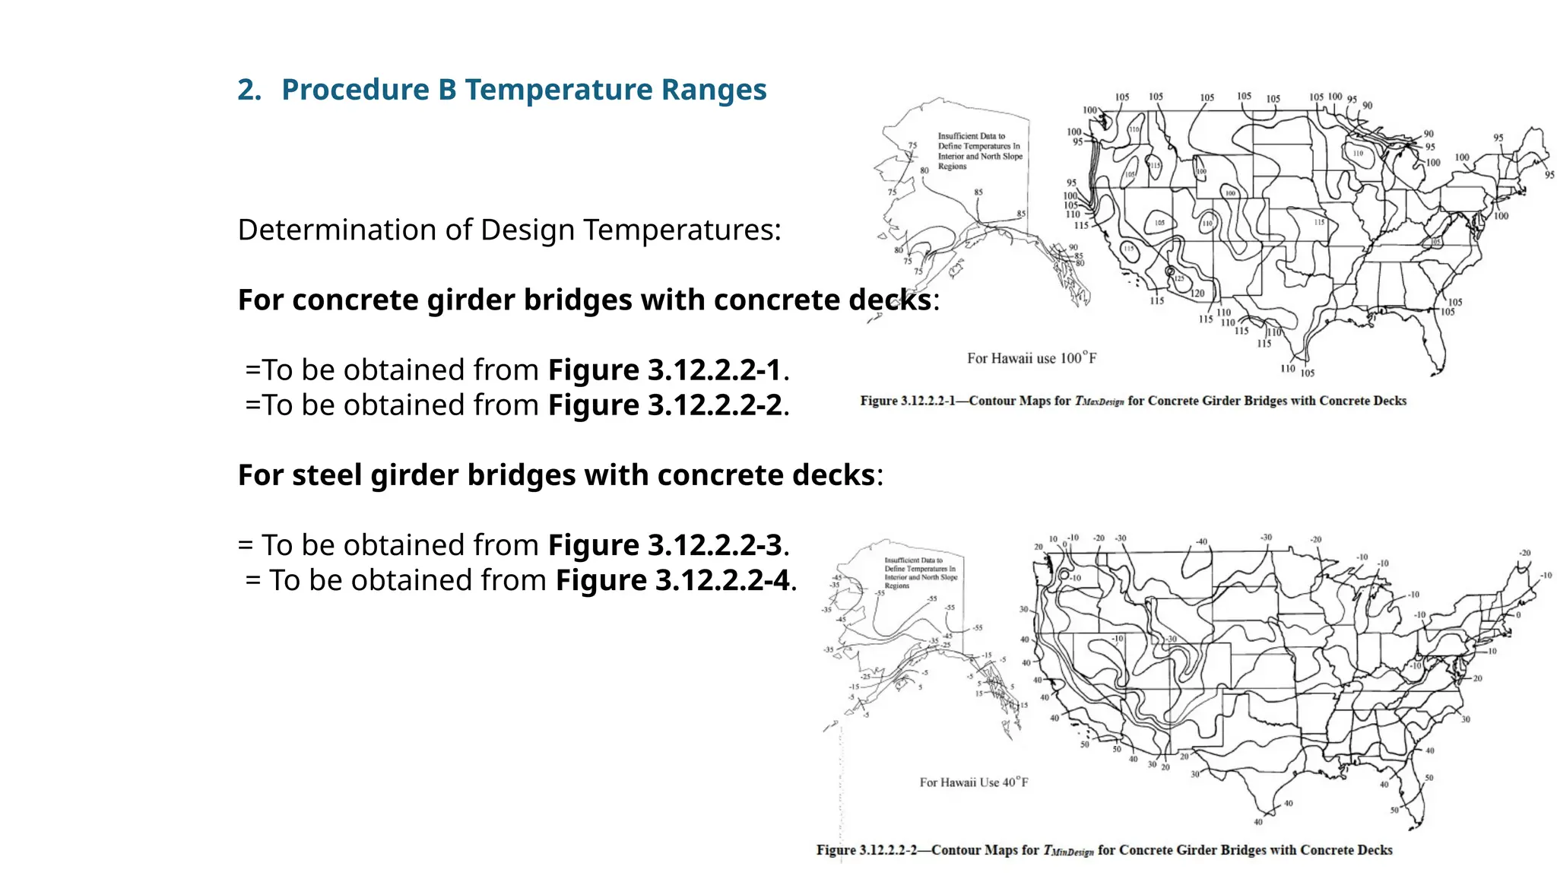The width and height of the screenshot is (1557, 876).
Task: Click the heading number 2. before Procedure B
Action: [249, 90]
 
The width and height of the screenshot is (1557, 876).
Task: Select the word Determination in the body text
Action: [336, 230]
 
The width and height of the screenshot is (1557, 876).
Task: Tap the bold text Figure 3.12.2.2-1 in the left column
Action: [664, 370]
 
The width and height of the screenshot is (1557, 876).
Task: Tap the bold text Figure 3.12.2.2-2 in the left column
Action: [664, 405]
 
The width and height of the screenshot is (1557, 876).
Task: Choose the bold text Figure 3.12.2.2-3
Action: [664, 545]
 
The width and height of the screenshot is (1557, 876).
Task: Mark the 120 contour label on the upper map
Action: [1197, 294]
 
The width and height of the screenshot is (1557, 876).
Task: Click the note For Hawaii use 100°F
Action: [1032, 358]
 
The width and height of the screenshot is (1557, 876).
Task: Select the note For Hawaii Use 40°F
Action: [974, 782]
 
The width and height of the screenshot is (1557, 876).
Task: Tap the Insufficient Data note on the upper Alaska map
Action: [979, 151]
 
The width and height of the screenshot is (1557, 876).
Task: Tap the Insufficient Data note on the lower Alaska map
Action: [919, 573]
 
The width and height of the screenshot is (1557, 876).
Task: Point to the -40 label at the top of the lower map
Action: [1201, 541]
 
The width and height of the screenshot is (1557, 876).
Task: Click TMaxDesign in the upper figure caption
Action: [1099, 401]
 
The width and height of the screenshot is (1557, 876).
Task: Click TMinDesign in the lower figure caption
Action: [1067, 851]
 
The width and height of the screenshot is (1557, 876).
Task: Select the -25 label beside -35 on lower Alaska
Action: [946, 645]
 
